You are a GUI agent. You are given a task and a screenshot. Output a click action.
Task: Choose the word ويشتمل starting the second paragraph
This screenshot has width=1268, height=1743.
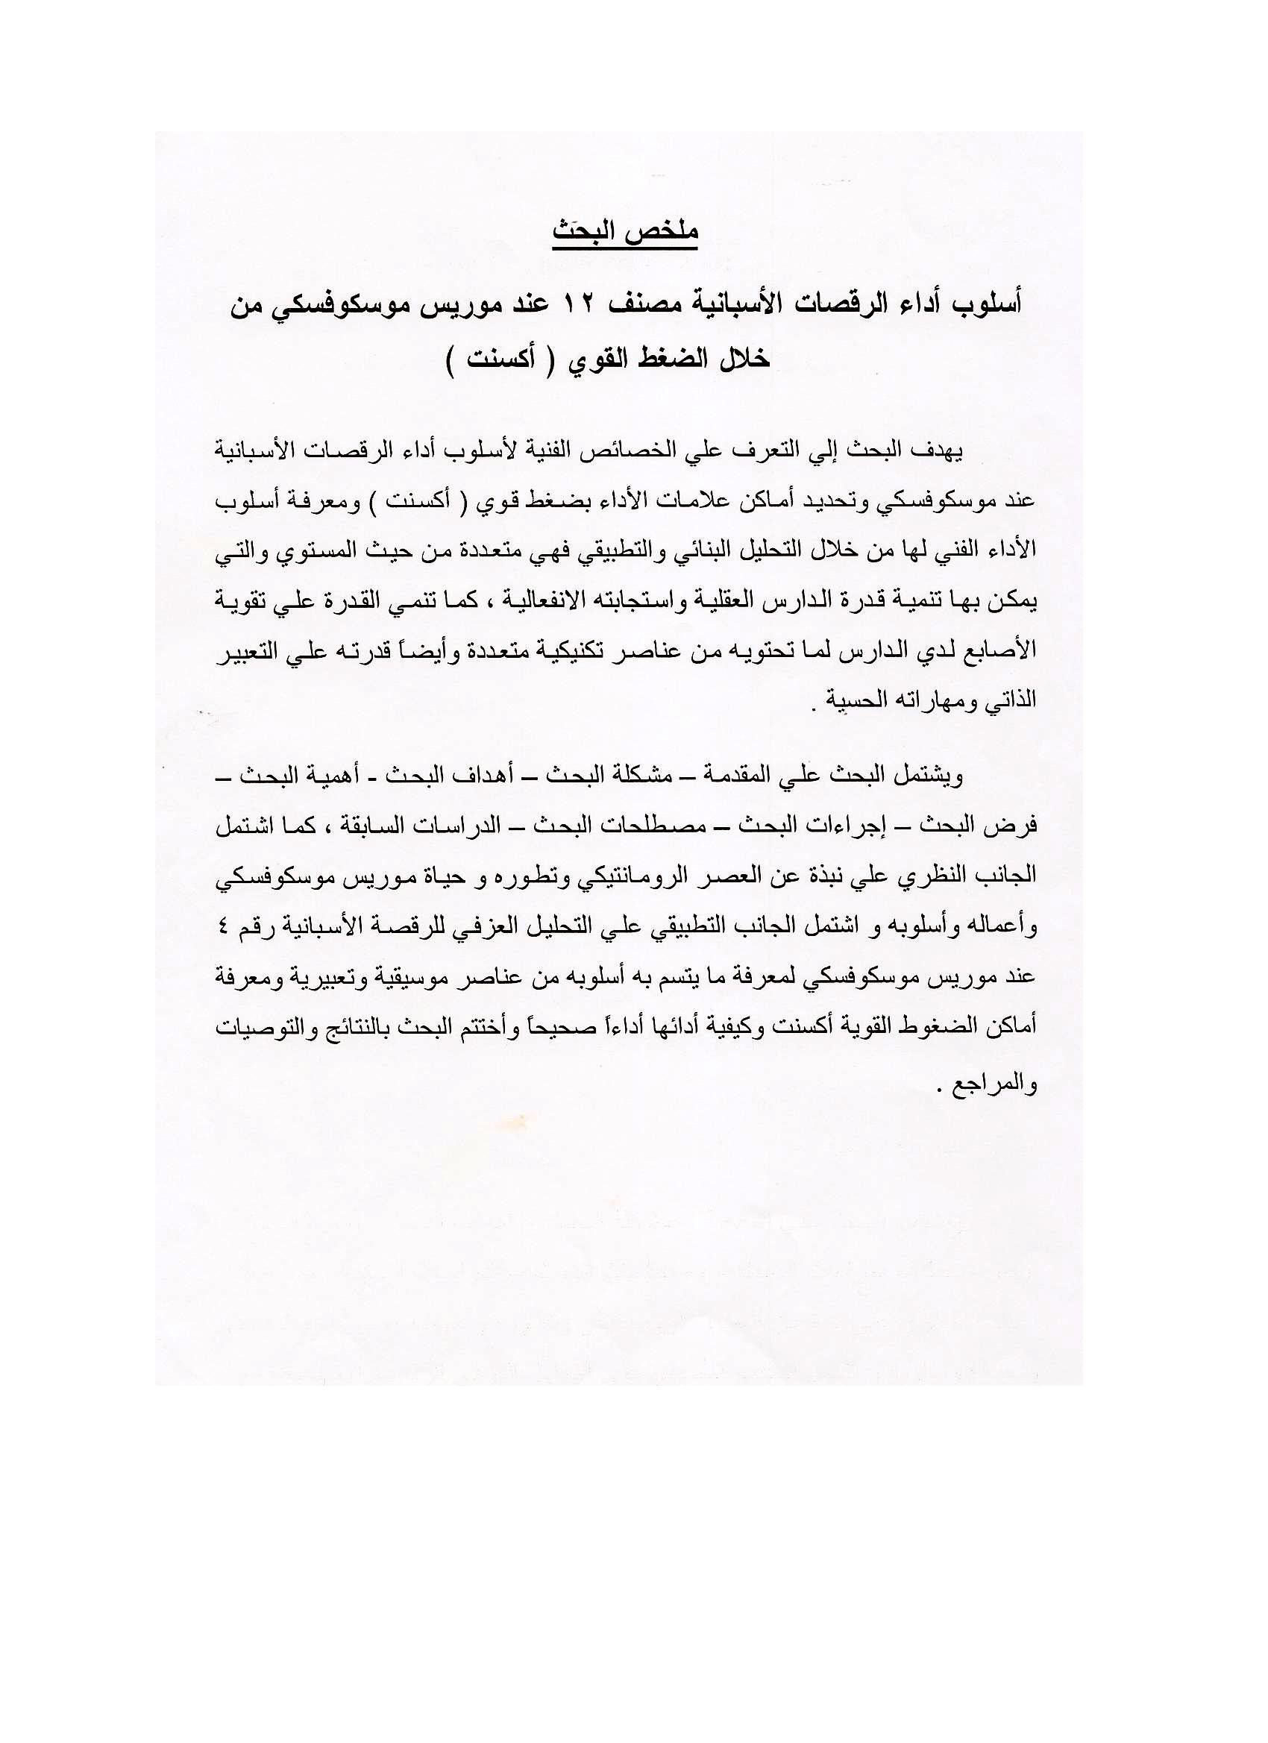point(932,776)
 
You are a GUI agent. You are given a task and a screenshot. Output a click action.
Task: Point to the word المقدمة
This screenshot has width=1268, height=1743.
point(721,776)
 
